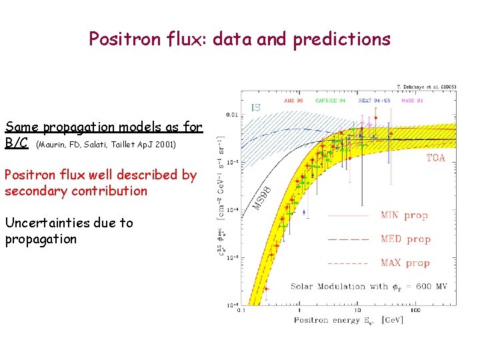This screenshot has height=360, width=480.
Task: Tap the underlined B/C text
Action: (16, 143)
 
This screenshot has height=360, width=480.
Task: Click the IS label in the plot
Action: (255, 107)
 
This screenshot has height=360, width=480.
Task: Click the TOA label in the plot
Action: (435, 158)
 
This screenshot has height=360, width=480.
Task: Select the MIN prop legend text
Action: (405, 215)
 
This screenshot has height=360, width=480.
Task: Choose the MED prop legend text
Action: (405, 239)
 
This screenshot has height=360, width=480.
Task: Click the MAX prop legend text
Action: (405, 263)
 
